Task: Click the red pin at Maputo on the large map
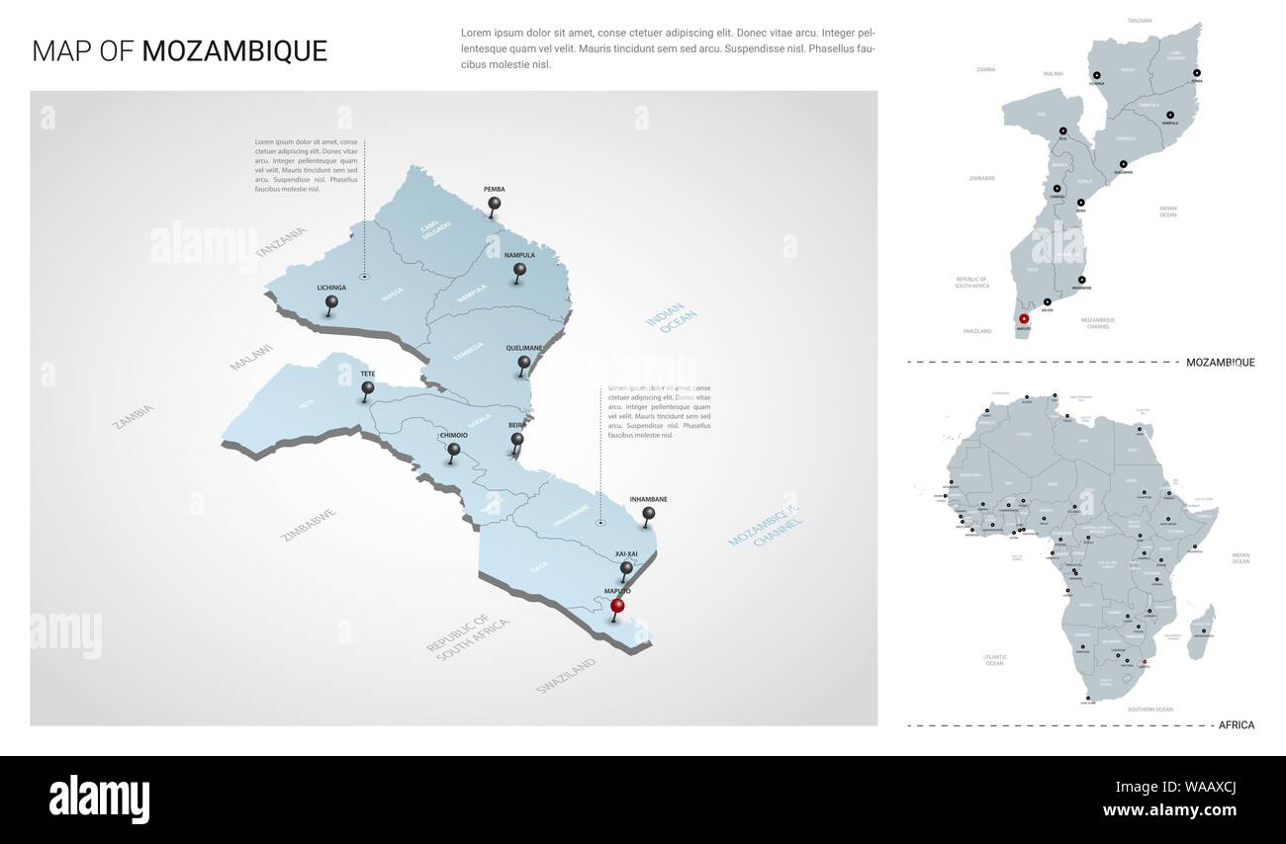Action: point(618,606)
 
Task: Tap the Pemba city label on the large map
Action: point(495,189)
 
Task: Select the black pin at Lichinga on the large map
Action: point(331,302)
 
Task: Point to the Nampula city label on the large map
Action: point(519,255)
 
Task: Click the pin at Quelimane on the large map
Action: point(524,364)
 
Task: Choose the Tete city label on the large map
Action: point(368,374)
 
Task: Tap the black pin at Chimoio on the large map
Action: point(454,450)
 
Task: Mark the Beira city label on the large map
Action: point(517,424)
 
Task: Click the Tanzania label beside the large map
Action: point(281,243)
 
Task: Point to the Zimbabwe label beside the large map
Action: point(310,525)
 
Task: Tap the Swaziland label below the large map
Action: point(567,675)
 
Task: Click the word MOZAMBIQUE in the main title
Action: point(234,51)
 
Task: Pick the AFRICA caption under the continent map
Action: point(1237,725)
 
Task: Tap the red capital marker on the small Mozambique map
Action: point(1024,319)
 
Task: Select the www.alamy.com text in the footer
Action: point(1170,810)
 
